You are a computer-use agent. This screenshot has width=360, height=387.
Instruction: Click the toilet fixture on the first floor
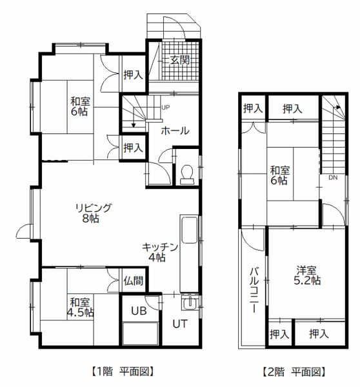point(187,174)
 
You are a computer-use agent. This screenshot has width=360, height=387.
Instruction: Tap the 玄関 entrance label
point(180,60)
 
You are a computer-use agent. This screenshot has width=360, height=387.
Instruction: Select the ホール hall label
point(175,130)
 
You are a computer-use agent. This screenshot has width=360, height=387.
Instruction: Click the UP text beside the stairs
point(165,107)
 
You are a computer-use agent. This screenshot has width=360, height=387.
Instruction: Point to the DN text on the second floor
point(333,177)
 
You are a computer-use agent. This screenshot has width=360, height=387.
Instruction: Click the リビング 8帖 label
point(93,213)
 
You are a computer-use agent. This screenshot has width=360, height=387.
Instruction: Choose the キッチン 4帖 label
point(160,252)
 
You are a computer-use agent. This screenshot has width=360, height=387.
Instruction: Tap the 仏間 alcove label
point(134,281)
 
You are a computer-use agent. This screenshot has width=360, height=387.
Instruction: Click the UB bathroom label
point(139,312)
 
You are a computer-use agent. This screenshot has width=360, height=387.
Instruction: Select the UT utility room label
point(180,324)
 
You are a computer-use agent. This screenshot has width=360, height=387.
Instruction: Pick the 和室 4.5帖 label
point(81,307)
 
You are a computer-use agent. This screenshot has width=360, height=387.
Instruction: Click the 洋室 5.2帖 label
point(307,275)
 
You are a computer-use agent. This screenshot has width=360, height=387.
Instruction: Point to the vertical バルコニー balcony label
point(254,290)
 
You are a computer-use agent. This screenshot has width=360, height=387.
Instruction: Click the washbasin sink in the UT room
point(190,303)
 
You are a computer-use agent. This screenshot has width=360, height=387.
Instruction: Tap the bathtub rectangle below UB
point(140,333)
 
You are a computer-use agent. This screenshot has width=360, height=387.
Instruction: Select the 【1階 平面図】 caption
point(123,372)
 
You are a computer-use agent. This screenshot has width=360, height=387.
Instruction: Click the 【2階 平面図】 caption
point(294,372)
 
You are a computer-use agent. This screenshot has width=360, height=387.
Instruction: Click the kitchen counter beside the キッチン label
point(190,253)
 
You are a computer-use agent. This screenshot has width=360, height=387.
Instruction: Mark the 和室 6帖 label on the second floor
point(279,175)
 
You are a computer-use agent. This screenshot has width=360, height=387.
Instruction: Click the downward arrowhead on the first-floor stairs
point(134,125)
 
